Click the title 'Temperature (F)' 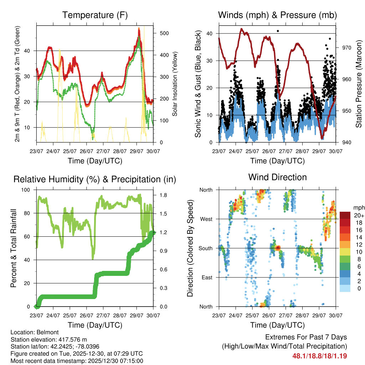click(x=95, y=15)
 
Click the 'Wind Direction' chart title click(x=277, y=177)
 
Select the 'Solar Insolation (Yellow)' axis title click(x=175, y=84)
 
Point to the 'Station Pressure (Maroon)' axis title click(x=359, y=84)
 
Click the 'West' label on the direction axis click(x=206, y=219)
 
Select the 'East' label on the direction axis click(x=206, y=277)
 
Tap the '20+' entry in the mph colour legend click(x=359, y=215)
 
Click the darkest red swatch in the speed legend click(x=345, y=215)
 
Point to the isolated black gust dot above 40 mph click(x=278, y=31)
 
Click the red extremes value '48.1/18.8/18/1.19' click(x=319, y=356)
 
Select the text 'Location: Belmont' click(x=32, y=333)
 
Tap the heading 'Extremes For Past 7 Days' click(x=306, y=337)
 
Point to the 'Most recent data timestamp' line click(x=77, y=361)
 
